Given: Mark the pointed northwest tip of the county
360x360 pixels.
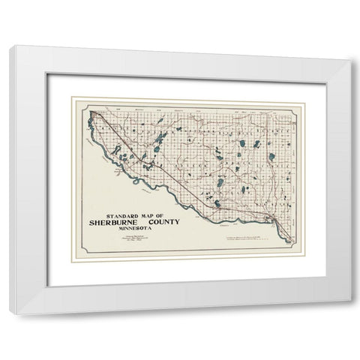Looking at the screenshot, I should click(91, 113).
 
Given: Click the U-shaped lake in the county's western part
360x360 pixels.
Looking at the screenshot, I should click(160, 139).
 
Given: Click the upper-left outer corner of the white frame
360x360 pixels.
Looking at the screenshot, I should click(10, 47).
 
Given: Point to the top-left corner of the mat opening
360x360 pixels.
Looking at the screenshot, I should click(47, 74).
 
